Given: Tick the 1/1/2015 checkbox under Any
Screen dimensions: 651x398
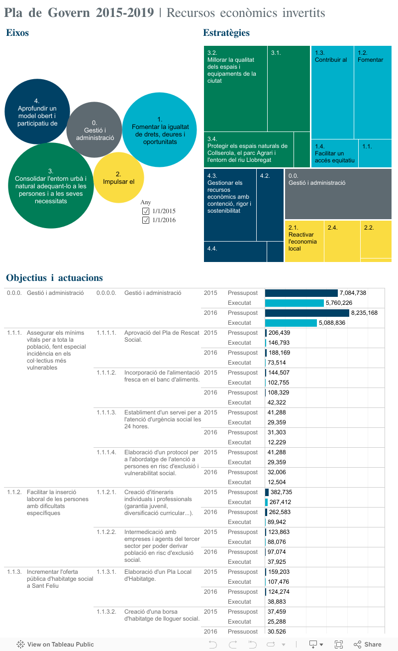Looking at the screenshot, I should [146, 211].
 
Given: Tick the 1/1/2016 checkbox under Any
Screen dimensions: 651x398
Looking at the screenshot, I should [146, 220].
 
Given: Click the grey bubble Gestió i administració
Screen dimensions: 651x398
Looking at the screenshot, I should [94, 130].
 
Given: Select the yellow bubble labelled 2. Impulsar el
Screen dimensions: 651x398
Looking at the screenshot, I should [118, 178].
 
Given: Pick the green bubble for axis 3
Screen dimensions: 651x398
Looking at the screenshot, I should [51, 185].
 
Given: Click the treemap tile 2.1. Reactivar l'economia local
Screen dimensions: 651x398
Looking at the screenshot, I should [304, 241].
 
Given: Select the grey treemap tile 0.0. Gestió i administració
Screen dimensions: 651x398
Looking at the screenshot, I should [338, 194].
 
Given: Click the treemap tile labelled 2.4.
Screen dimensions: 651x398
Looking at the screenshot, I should [342, 241].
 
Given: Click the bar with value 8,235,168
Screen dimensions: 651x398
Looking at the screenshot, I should [307, 313].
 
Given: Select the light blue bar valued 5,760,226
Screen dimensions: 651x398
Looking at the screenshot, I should [294, 303].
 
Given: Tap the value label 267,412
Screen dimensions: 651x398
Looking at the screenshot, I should [281, 502].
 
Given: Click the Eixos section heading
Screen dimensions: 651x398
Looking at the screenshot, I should [17, 33].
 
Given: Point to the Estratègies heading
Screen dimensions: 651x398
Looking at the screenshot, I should [226, 33].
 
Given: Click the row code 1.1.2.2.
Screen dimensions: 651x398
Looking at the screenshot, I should [106, 532].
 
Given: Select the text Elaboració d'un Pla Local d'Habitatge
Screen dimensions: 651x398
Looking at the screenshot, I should [158, 575].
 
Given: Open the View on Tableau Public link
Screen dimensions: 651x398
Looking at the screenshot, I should [55, 644].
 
